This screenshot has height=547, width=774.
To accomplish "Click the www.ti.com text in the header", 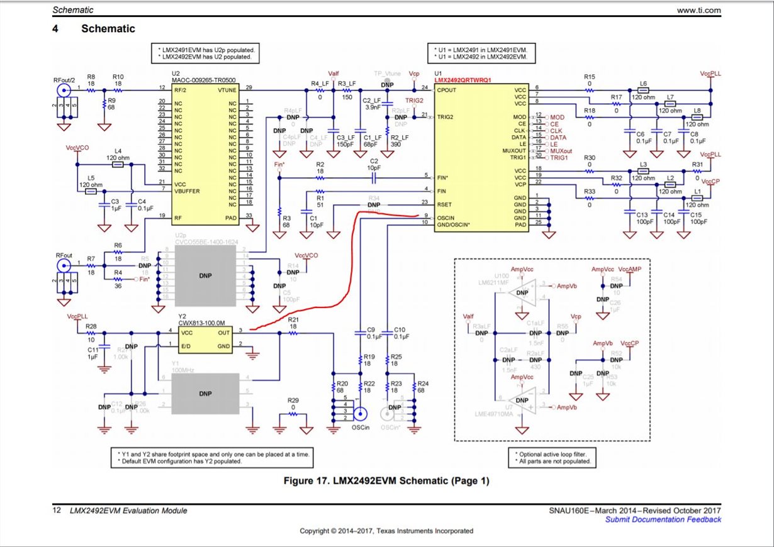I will pyautogui.click(x=698, y=10).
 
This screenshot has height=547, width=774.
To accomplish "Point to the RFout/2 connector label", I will pyautogui.click(x=65, y=80).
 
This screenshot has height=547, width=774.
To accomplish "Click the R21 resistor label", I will pyautogui.click(x=293, y=319).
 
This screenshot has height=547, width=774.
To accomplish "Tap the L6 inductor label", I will pyautogui.click(x=643, y=83).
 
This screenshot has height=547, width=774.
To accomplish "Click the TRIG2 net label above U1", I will pyautogui.click(x=414, y=100).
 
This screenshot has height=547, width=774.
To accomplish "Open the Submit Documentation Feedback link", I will pyautogui.click(x=663, y=519).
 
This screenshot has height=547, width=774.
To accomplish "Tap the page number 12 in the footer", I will pyautogui.click(x=57, y=511).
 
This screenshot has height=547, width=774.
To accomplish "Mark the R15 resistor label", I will pyautogui.click(x=589, y=76).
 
